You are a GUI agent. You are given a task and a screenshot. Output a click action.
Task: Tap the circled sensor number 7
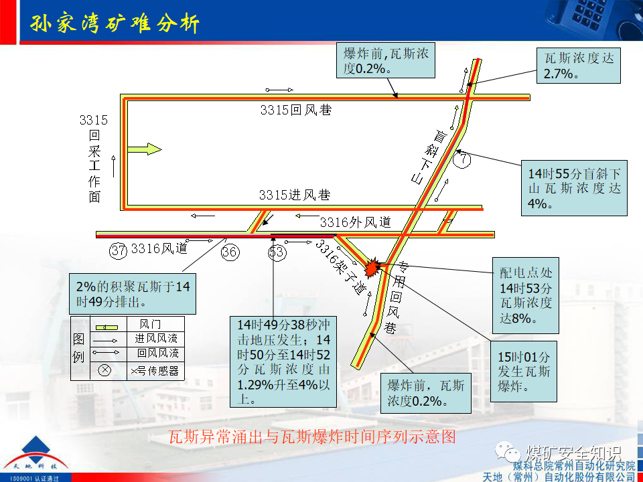pyautogui.click(x=462, y=159)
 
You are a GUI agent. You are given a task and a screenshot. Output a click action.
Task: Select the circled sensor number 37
pyautogui.click(x=119, y=250)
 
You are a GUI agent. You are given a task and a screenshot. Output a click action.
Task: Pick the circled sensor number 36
pyautogui.click(x=230, y=252)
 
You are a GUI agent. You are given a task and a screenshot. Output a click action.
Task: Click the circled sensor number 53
pyautogui.click(x=277, y=252)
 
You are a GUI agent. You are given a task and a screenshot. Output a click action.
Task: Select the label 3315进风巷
pyautogui.click(x=295, y=195)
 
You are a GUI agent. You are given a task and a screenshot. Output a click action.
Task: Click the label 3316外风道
pyautogui.click(x=355, y=222)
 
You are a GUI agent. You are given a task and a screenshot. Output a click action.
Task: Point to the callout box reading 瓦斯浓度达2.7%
pyautogui.click(x=578, y=66)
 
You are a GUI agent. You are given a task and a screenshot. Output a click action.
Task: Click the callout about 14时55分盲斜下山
pyautogui.click(x=574, y=187)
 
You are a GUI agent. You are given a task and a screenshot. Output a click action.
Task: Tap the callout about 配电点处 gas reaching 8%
pyautogui.click(x=525, y=295)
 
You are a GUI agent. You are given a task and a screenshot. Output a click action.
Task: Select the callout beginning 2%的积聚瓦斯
pyautogui.click(x=133, y=293)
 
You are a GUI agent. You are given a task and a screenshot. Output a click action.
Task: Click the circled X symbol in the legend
pyautogui.click(x=104, y=370)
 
